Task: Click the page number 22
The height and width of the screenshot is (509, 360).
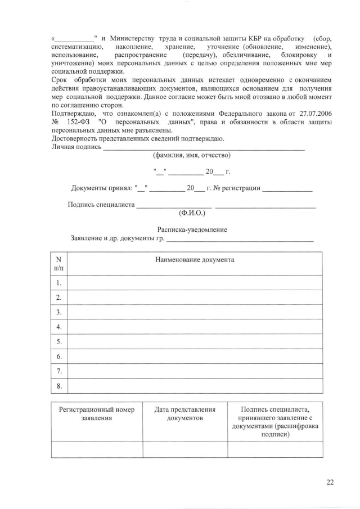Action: [330, 481]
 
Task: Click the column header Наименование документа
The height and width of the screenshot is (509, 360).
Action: [195, 260]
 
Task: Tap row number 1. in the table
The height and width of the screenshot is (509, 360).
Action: [59, 282]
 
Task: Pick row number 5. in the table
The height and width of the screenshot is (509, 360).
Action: [59, 341]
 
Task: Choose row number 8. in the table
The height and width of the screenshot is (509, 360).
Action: [59, 386]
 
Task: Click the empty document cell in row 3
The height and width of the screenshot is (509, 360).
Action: [195, 312]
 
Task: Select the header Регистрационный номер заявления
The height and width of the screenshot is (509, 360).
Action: [97, 414]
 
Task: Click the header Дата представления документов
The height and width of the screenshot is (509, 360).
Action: [185, 414]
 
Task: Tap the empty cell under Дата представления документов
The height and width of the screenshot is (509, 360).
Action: [185, 449]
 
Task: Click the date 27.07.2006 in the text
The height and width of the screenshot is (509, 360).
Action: [313, 114]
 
